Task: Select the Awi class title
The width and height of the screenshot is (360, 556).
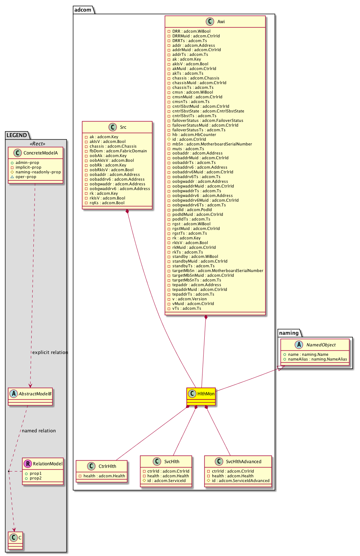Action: [221, 22]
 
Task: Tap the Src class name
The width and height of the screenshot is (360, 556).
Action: [123, 127]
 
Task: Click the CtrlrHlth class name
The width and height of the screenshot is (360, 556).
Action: [107, 466]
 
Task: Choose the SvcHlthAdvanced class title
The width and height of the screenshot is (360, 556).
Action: [244, 462]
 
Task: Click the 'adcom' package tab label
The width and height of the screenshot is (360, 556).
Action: [83, 10]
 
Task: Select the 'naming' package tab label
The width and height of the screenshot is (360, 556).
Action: [289, 333]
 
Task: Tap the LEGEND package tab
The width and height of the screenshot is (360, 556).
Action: [17, 135]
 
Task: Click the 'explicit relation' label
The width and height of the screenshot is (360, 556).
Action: [50, 353]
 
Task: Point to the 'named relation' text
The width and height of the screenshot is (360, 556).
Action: [39, 431]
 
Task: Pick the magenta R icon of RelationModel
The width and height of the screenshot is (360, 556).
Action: [28, 464]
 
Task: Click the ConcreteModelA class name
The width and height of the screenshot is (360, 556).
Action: [41, 153]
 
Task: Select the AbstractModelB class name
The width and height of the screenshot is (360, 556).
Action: [35, 394]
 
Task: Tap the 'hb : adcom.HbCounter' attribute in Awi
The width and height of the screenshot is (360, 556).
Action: [194, 135]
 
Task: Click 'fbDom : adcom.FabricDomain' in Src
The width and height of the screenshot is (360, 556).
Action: [118, 151]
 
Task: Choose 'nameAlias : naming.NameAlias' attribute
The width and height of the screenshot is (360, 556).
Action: [318, 359]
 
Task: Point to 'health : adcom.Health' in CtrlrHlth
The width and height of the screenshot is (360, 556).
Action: [104, 476]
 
